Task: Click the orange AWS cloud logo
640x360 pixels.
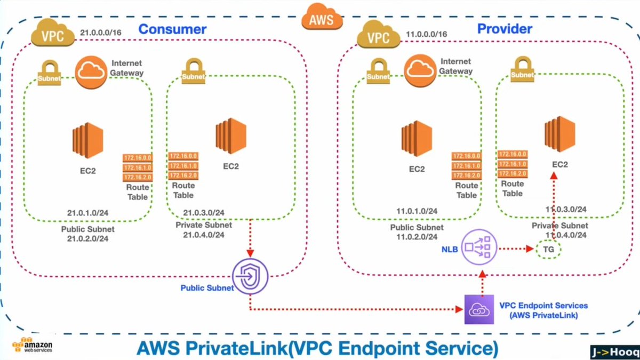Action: [x=322, y=17]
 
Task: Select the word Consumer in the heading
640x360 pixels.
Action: [x=172, y=29]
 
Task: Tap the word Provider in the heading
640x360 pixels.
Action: [x=505, y=29]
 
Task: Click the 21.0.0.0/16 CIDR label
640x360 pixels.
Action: [x=101, y=33]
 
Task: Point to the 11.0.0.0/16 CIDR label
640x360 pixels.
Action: [x=426, y=34]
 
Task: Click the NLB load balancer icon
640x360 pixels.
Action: [x=479, y=247]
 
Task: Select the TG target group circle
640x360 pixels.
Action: [x=548, y=250]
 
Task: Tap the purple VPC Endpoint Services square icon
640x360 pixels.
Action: [x=479, y=309]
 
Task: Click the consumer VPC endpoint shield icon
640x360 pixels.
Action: [x=250, y=276]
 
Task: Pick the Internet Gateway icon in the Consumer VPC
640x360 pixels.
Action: [x=91, y=73]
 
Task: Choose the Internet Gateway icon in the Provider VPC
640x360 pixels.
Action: [x=420, y=71]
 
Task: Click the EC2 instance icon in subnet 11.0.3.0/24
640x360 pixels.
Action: [x=559, y=134]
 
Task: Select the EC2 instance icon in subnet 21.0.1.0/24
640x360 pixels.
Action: [x=87, y=140]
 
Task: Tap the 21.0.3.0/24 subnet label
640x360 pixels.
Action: [x=204, y=213]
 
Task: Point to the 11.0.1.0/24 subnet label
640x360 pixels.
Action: [x=417, y=211]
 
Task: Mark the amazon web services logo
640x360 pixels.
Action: [x=33, y=346]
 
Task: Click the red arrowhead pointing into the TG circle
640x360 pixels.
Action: [x=530, y=249]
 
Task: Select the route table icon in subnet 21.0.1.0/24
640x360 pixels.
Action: [x=138, y=167]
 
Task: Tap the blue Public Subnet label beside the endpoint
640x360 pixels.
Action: [x=207, y=287]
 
